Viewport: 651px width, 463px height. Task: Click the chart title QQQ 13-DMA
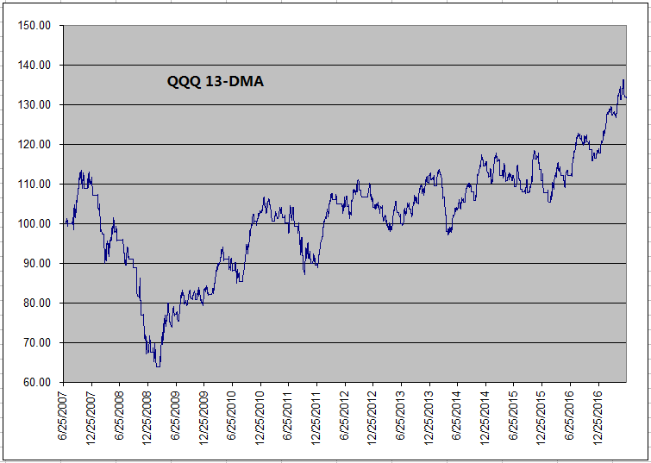(x=216, y=83)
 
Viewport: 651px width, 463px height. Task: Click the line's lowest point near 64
(x=158, y=366)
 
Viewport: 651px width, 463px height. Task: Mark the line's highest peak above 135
(x=623, y=80)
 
